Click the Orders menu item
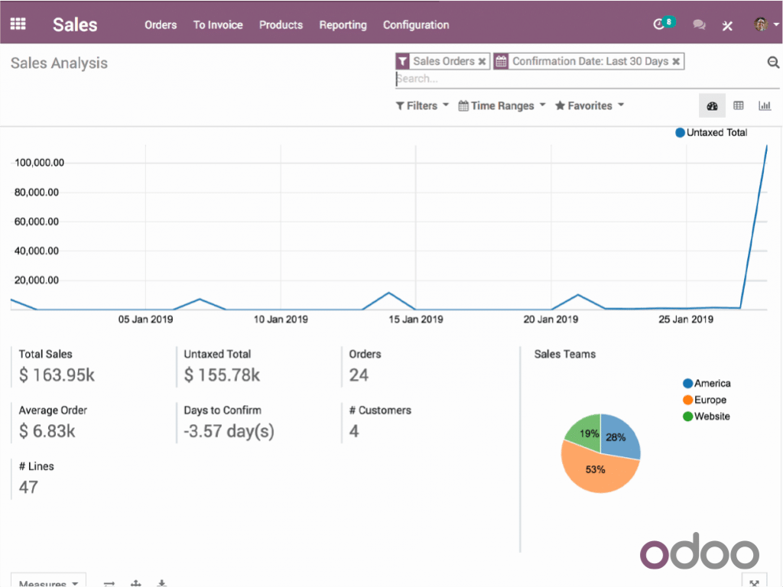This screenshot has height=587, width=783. [x=161, y=24]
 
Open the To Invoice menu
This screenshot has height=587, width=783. [x=218, y=24]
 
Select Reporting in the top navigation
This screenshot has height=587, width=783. [x=343, y=24]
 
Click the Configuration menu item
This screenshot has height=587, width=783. [x=416, y=24]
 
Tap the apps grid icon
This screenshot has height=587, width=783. [x=18, y=24]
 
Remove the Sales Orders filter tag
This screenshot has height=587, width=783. [x=482, y=62]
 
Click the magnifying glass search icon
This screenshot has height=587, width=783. [x=773, y=63]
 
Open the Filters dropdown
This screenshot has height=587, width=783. [x=422, y=105]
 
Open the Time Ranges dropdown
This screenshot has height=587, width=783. [x=502, y=105]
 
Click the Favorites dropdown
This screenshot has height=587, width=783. [x=590, y=105]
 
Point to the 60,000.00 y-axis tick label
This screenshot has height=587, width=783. [x=37, y=222]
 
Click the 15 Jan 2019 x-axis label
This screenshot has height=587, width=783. [x=416, y=319]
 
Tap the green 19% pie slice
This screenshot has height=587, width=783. [x=585, y=432]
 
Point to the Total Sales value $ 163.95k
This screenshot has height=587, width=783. [x=57, y=375]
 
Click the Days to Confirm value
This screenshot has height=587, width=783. [x=229, y=431]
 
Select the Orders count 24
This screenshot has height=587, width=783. [x=359, y=375]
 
